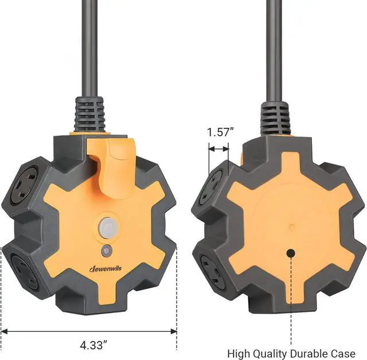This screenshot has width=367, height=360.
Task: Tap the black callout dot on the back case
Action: (x=291, y=252)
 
